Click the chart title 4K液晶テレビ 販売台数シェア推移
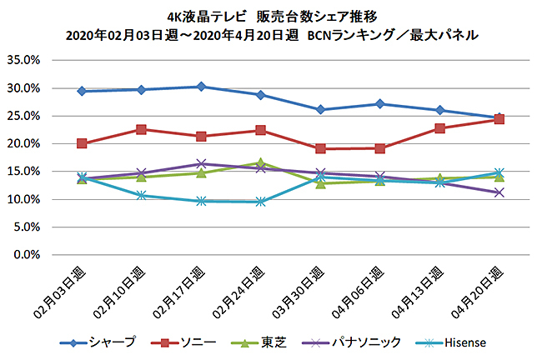coord(271,17)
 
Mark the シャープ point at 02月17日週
coord(201,87)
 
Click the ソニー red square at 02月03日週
coord(82,143)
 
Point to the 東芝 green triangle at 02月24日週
coord(261,163)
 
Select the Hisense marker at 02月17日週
coord(201,201)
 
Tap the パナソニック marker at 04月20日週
coord(499,192)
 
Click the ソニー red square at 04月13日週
coord(439,128)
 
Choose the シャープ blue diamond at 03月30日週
coord(320,110)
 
